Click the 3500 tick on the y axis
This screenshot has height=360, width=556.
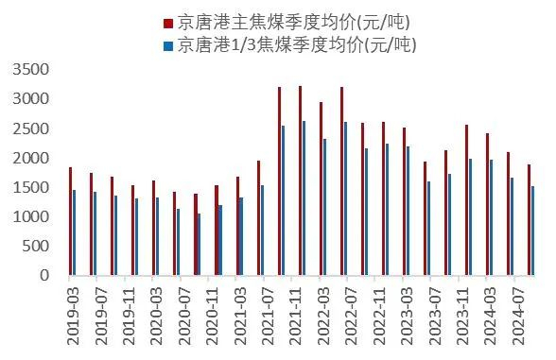(x=32, y=69)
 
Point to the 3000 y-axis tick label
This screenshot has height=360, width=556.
(x=32, y=98)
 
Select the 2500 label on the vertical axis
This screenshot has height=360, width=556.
(x=32, y=128)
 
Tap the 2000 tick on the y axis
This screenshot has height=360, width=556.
(x=32, y=158)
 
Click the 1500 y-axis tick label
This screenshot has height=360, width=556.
(x=32, y=187)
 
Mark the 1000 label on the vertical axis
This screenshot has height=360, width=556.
(x=32, y=216)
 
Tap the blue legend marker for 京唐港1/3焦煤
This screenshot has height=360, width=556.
(x=167, y=44)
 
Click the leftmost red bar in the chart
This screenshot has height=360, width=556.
(x=70, y=221)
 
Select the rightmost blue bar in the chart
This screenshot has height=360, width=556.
(x=532, y=231)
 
